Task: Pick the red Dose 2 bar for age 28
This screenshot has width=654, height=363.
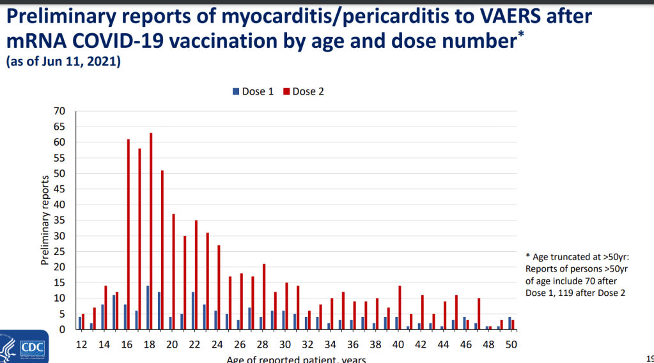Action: pyautogui.click(x=264, y=297)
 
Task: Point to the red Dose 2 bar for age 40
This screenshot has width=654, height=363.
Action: pyautogui.click(x=400, y=307)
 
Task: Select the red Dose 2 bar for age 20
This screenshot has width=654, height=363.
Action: pyautogui.click(x=173, y=272)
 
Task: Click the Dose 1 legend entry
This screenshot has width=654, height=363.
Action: pyautogui.click(x=253, y=91)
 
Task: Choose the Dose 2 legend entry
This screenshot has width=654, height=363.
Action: pyautogui.click(x=303, y=91)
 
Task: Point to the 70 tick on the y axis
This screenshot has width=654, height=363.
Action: pyautogui.click(x=60, y=111)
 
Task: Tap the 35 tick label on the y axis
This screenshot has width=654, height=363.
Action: pyautogui.click(x=60, y=220)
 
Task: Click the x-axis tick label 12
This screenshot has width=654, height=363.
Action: pyautogui.click(x=82, y=344)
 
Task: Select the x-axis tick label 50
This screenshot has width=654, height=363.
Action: pyautogui.click(x=510, y=344)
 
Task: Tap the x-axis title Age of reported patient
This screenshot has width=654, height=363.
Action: pyautogui.click(x=296, y=359)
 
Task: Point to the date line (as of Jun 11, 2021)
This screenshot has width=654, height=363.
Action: pyautogui.click(x=63, y=63)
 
